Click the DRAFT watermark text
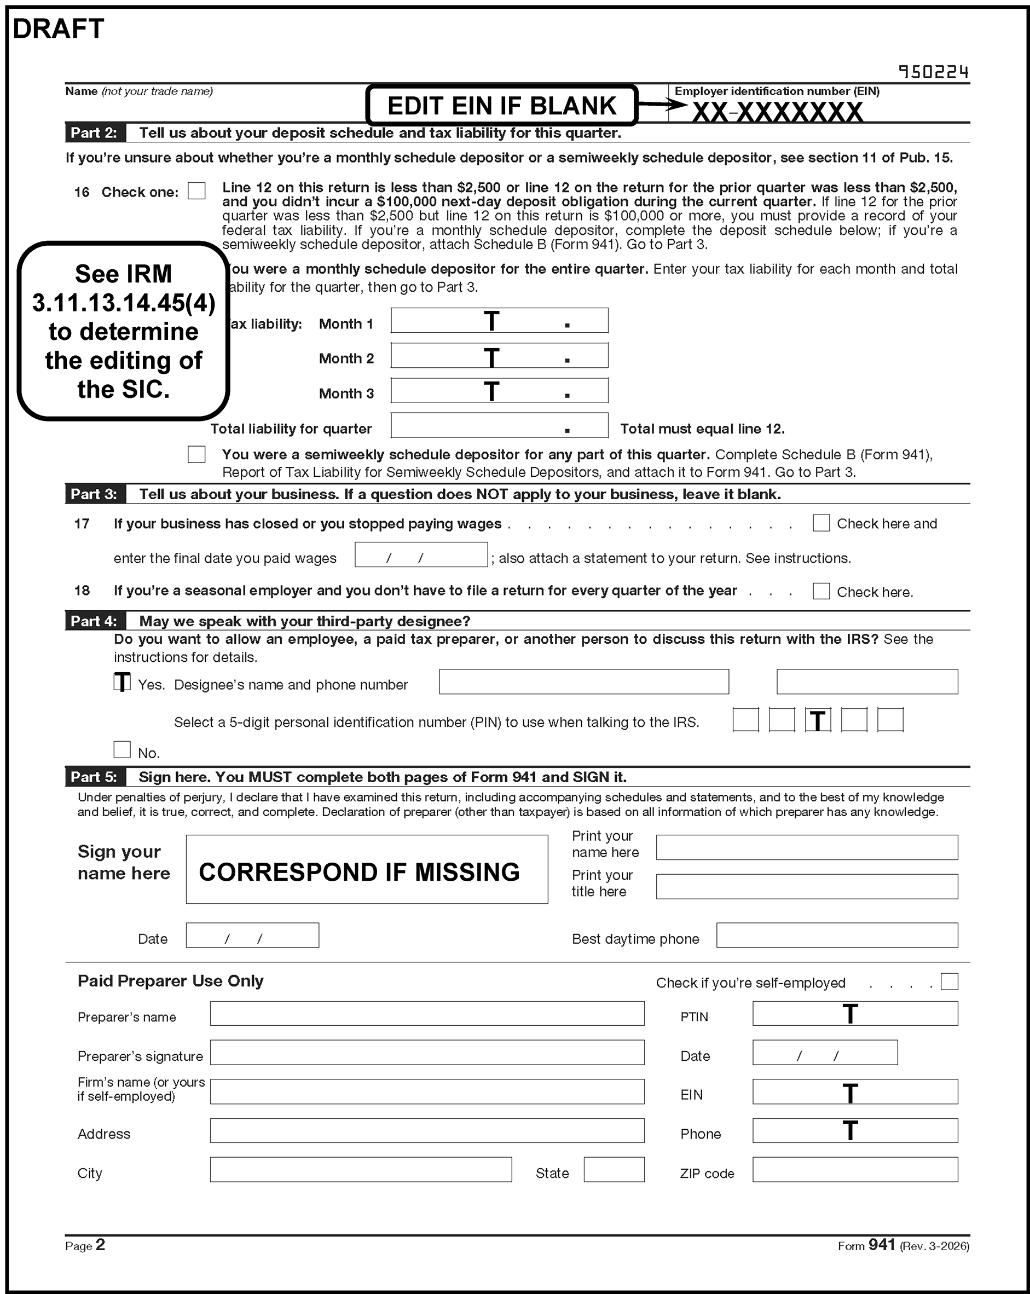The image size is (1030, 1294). (58, 29)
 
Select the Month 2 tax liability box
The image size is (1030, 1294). (499, 356)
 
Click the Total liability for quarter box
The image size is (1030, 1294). (499, 425)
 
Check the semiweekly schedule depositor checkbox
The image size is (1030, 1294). (196, 454)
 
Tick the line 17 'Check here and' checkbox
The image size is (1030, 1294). (820, 523)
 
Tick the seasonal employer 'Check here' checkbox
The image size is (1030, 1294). (820, 591)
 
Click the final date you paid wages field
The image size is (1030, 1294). (421, 555)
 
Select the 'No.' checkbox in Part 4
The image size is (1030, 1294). (122, 749)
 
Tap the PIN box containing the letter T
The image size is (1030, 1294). (818, 720)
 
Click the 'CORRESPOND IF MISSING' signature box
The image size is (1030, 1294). (367, 870)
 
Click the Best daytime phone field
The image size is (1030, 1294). (837, 935)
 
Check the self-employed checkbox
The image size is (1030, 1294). (949, 982)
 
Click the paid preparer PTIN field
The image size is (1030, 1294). (855, 1014)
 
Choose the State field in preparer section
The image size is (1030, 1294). (614, 1170)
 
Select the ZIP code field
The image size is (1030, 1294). (855, 1170)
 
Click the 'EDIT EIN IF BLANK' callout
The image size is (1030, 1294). (502, 106)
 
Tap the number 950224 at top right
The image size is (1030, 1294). (933, 73)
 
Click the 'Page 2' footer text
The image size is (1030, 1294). (85, 1245)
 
